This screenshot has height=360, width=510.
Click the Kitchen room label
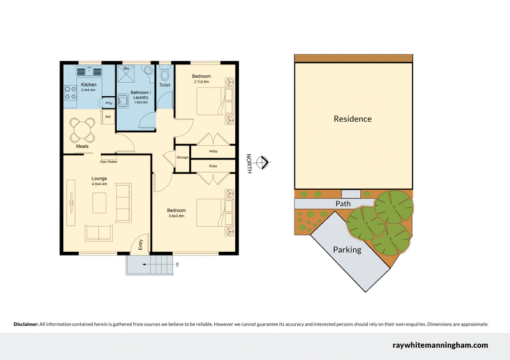click(89, 85)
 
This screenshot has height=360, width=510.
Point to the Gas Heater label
click(108, 161)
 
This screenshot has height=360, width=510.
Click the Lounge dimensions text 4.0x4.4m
click(99, 184)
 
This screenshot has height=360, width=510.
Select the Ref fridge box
click(108, 118)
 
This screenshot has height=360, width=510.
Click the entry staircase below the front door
click(150, 264)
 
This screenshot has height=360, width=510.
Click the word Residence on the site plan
click(353, 119)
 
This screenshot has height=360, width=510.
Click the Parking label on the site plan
click(347, 250)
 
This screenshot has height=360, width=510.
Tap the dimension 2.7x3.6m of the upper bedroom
click(202, 82)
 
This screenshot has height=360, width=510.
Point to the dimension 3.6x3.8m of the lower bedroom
click(176, 216)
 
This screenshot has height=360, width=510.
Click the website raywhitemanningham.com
click(439, 345)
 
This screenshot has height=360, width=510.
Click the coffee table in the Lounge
click(99, 203)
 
